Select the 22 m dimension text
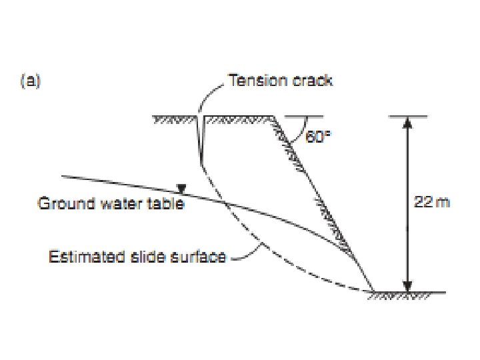[432, 202]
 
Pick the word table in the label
[166, 203]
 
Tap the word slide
[150, 257]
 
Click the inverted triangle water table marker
[179, 189]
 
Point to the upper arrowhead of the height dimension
[408, 121]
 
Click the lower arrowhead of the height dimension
[408, 286]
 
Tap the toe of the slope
[372, 291]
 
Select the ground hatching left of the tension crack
[175, 121]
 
